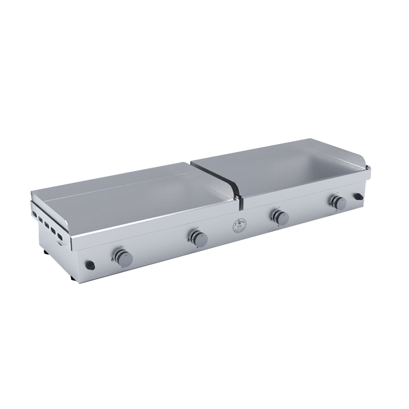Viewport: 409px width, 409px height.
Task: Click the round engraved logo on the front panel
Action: click(x=238, y=226)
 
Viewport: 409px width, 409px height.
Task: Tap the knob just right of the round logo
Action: click(x=281, y=218)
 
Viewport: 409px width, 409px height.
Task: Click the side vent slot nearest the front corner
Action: click(x=60, y=236)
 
